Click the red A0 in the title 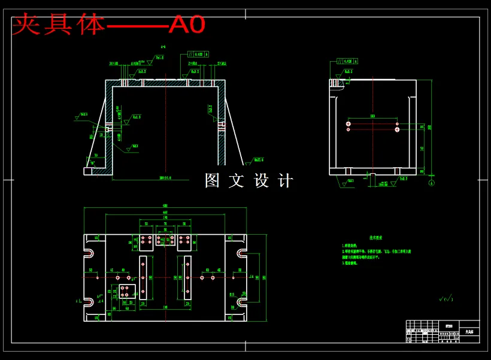187,25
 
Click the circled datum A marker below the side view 432,182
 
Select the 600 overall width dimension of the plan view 165,205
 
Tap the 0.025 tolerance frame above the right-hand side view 347,61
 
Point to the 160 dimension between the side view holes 372,116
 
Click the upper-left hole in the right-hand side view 348,124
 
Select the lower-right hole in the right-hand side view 397,129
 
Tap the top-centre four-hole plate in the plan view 165,240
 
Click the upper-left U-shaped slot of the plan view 90,253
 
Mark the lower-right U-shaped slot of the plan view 241,301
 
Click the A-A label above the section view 163,46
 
